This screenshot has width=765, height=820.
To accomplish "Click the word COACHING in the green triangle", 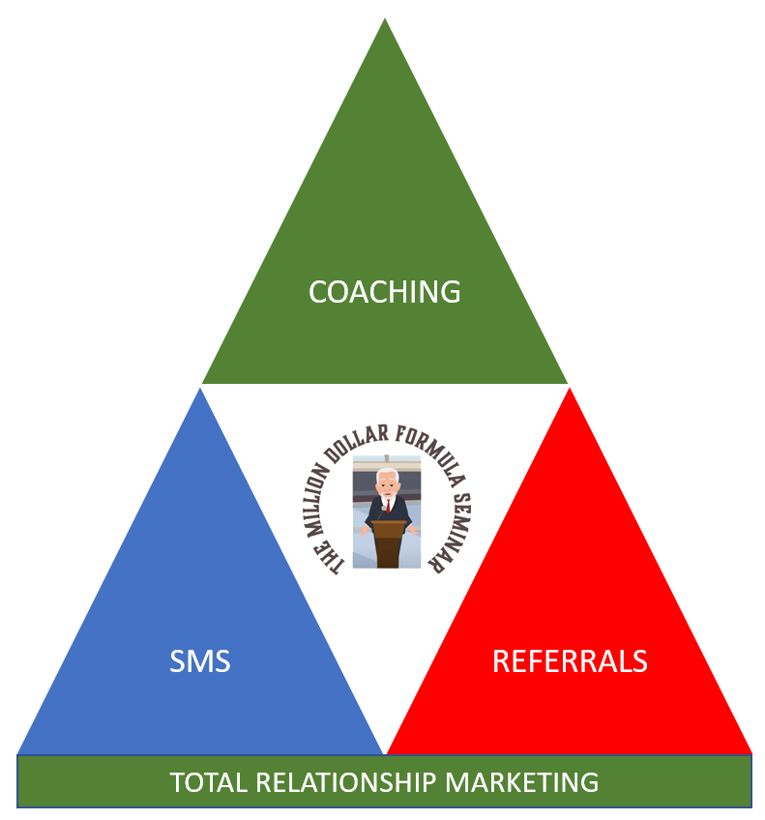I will [x=385, y=291].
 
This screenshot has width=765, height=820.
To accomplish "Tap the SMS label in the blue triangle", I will [x=200, y=661].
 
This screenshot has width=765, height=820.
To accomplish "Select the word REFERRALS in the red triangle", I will [x=570, y=661].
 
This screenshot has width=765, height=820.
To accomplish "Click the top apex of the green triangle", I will [x=385, y=21].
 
